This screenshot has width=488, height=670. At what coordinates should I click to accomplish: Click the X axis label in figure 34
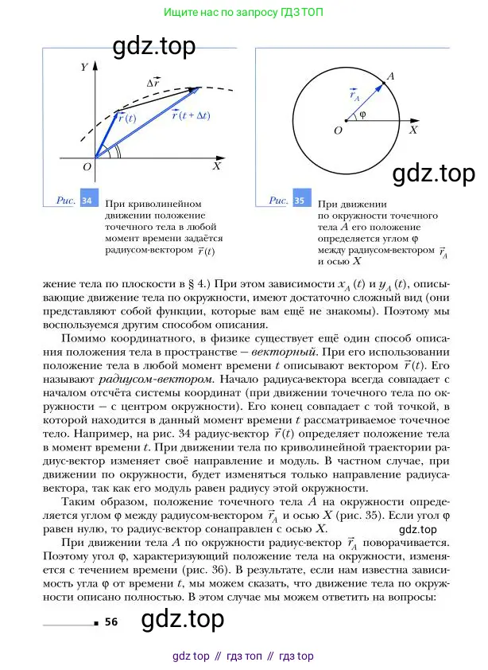(216, 167)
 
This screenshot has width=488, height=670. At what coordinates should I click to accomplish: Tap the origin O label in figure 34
(87, 167)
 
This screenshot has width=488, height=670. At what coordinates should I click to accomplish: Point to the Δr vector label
(156, 82)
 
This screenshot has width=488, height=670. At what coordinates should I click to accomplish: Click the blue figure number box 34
(87, 201)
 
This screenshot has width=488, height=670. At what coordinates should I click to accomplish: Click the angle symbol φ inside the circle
(362, 114)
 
